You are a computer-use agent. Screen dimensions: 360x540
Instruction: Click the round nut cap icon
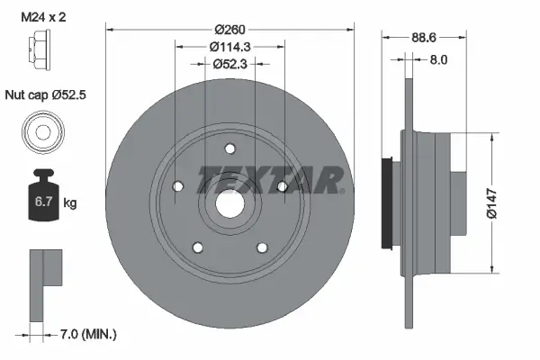[42, 130]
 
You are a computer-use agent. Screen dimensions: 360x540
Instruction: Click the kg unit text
[70, 203]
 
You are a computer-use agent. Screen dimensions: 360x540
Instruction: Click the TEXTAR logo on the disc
[270, 181]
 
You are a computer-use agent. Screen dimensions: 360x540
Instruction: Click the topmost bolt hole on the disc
[229, 149]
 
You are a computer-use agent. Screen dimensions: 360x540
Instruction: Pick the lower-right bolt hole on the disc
[262, 247]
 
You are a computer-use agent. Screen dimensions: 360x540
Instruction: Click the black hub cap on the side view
[390, 203]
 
